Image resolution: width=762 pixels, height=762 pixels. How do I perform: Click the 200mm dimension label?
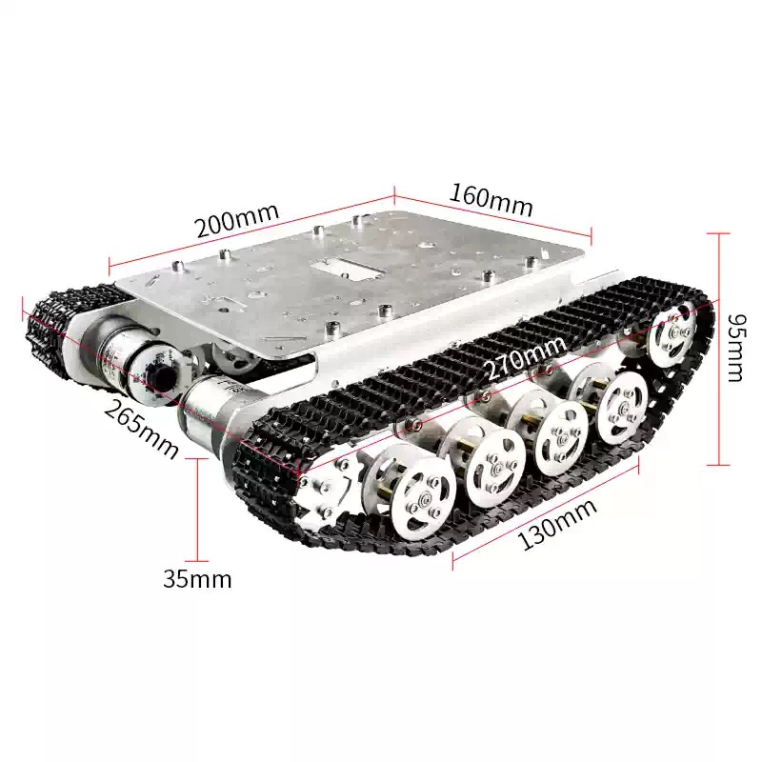click(x=237, y=221)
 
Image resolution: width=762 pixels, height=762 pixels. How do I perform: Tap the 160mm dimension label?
click(x=491, y=200)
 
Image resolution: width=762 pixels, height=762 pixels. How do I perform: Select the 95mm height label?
click(x=734, y=349)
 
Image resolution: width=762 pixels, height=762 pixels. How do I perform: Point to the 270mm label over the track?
click(x=528, y=357)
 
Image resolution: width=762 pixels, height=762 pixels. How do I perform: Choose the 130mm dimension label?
click(x=557, y=526)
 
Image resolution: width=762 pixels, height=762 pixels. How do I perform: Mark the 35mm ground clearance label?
click(x=197, y=579)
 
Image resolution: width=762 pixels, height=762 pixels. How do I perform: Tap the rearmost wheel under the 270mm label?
click(x=675, y=333)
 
